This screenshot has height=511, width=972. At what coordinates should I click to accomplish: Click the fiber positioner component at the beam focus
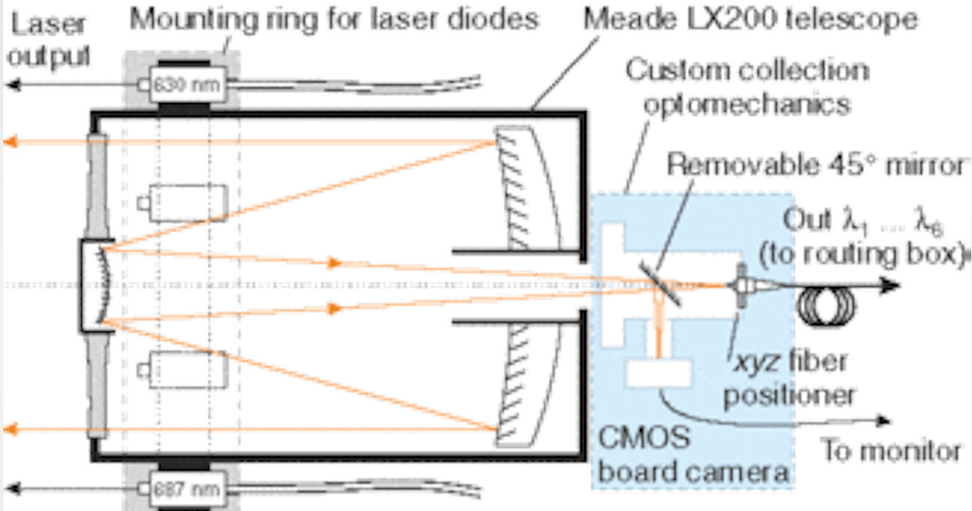point(740,286)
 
